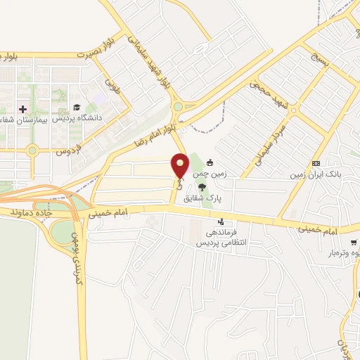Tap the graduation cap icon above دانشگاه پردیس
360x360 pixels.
click(x=77, y=108)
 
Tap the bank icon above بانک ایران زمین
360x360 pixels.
click(x=316, y=162)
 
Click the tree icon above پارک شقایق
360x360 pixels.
click(x=202, y=187)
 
